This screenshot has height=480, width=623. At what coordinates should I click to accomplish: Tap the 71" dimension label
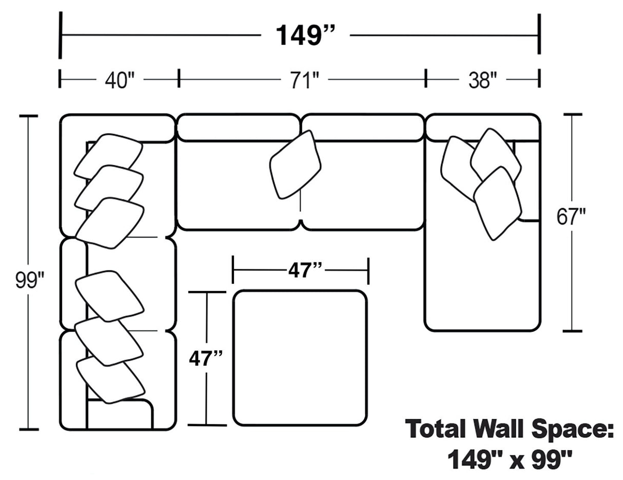pyautogui.click(x=305, y=80)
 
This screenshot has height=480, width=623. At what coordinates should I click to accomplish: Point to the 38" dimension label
pyautogui.click(x=483, y=80)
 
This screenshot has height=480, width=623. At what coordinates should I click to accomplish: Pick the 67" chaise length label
pyautogui.click(x=571, y=217)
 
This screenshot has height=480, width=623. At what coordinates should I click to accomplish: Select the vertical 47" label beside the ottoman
pyautogui.click(x=206, y=358)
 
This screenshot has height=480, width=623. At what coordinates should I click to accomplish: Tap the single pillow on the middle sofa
pyautogui.click(x=295, y=164)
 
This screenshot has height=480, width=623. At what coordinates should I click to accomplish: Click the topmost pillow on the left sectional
pyautogui.click(x=108, y=156)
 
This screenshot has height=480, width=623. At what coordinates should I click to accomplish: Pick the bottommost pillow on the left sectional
pyautogui.click(x=110, y=380)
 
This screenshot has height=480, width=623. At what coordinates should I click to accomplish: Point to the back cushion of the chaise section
pyautogui.click(x=482, y=127)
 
